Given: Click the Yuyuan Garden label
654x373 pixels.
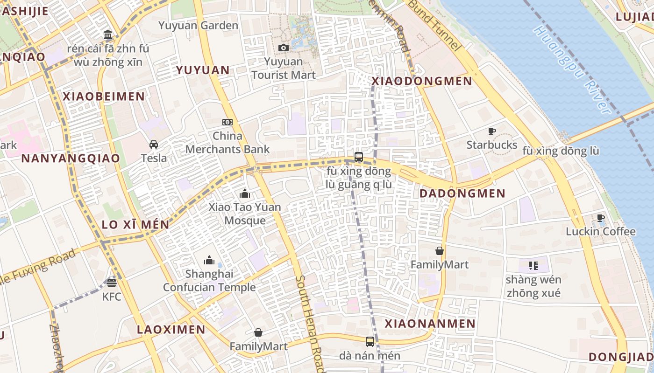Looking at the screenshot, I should (x=198, y=26).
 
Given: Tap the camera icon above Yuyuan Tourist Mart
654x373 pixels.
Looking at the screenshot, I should (x=283, y=48).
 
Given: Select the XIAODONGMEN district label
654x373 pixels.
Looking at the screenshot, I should (x=422, y=81).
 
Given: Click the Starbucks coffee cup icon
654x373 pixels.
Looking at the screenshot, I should (x=492, y=131).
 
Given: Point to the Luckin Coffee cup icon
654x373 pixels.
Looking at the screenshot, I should (x=601, y=218).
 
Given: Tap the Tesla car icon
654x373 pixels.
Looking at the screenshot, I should (x=154, y=145).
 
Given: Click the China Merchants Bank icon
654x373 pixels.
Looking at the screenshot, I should (x=227, y=122).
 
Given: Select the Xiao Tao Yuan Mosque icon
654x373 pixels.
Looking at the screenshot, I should (x=244, y=193).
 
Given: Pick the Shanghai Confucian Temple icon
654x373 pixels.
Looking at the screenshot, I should (x=209, y=260).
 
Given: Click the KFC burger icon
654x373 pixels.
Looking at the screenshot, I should (x=111, y=283).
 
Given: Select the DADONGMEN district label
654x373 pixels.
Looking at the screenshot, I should (x=462, y=193).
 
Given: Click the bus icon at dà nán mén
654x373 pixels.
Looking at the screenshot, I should (x=370, y=342).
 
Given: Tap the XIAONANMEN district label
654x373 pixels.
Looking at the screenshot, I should (x=430, y=324).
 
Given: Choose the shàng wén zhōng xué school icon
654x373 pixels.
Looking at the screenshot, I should (x=533, y=266).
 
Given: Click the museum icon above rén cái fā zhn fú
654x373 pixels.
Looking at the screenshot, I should (x=108, y=35).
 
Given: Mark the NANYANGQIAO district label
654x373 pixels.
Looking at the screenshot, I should (x=71, y=158).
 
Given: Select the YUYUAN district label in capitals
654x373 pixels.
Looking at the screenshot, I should (x=202, y=70).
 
